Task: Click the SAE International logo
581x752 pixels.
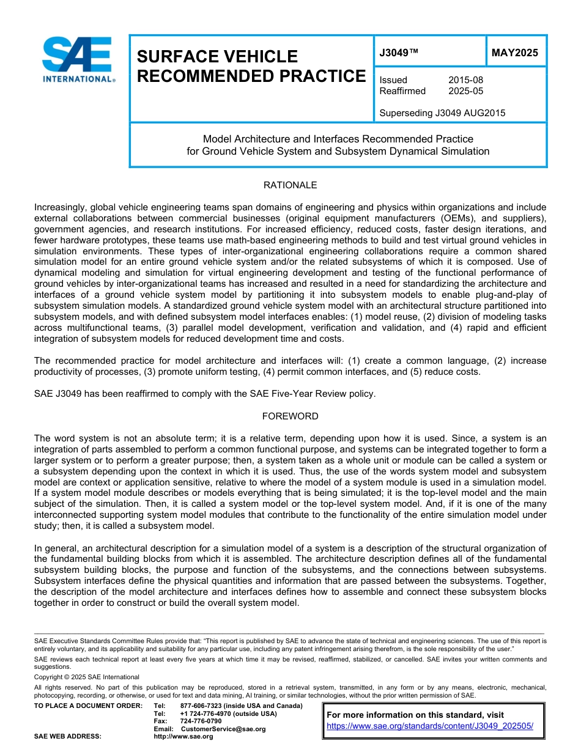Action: pos(78,59)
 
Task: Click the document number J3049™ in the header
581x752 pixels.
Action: pos(399,53)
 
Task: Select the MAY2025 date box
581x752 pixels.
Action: pos(515,53)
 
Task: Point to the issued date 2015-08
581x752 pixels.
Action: pos(465,80)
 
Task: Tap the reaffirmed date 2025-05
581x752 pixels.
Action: pos(465,91)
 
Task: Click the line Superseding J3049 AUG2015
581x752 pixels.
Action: pos(442,113)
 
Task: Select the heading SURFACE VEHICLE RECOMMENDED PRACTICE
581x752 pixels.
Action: pos(251,66)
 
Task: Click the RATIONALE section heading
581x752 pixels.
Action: pos(290,185)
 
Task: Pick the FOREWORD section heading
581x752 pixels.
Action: pos(290,416)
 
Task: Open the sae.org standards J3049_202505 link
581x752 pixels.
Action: pos(430,726)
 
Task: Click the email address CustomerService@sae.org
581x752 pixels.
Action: pos(223,729)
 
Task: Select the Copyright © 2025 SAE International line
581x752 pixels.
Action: pos(87,677)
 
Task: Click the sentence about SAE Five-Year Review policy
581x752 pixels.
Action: pos(205,394)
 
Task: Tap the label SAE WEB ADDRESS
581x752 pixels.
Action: pos(67,737)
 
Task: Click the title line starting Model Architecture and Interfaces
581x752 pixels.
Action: pos(338,139)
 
